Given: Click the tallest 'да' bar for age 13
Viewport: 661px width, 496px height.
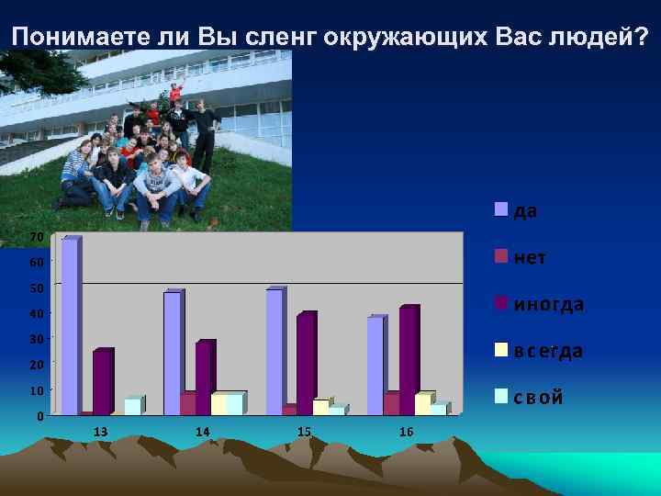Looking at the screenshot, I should (x=70, y=327).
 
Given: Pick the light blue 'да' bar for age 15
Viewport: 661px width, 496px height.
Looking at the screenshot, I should (x=274, y=353).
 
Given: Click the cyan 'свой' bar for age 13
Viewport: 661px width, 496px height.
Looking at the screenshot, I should (x=132, y=406).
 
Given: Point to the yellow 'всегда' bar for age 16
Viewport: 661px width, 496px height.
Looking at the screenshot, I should (x=422, y=404).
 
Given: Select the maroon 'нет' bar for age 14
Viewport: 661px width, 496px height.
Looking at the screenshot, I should (x=187, y=404).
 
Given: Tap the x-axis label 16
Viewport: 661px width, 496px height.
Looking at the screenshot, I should (x=406, y=432).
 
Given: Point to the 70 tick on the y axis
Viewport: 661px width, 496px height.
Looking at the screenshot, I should (x=36, y=238).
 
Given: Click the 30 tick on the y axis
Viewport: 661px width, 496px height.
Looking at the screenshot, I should (x=36, y=339).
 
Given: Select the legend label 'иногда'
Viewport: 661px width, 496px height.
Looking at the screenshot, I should (x=548, y=304).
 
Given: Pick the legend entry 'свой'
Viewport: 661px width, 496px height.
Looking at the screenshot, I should (x=529, y=398).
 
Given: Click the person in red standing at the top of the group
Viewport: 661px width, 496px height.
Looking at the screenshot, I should (x=174, y=93).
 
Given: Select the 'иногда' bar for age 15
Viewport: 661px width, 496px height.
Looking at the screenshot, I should (x=305, y=365).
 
